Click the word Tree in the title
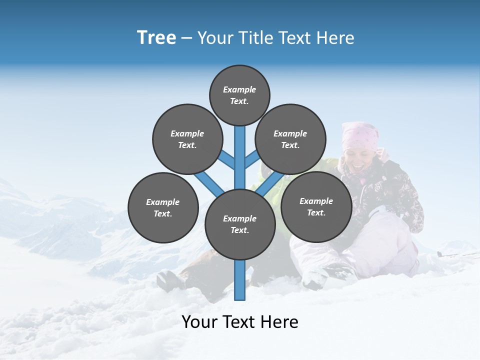click(156, 38)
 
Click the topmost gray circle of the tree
click(239, 95)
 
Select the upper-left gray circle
click(187, 139)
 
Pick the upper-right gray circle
click(290, 139)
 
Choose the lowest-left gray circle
click(163, 207)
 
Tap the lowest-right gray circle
click(316, 206)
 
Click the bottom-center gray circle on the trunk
click(240, 224)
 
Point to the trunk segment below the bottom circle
click(240, 280)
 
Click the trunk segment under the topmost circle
click(240, 150)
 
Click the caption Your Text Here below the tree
click(240, 322)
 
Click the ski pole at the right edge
click(457, 254)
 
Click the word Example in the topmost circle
click(239, 89)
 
